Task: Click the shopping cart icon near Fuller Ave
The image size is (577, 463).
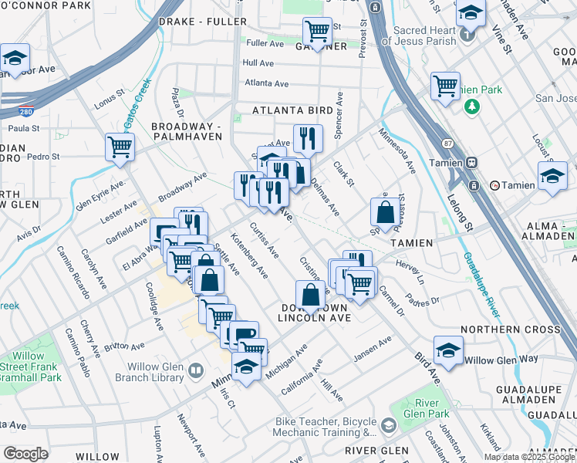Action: [x=317, y=32]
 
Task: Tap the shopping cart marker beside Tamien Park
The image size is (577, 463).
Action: [x=445, y=86]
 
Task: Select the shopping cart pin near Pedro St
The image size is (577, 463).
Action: [x=120, y=147]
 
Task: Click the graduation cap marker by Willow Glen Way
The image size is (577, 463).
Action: [x=448, y=350]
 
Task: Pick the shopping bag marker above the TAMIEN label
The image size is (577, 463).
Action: [x=385, y=211]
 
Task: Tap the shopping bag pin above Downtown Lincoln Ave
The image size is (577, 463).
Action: [x=310, y=296]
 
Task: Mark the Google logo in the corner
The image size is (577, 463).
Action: [x=25, y=454]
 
